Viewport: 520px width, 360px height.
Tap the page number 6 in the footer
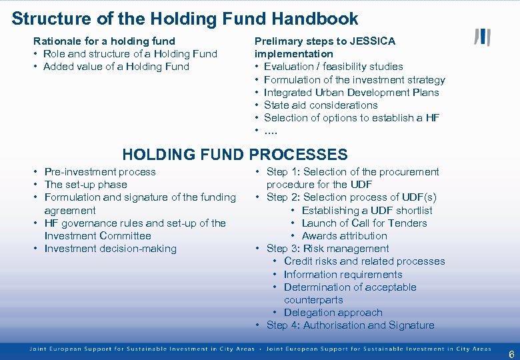point(511,353)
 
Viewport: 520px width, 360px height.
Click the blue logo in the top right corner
point(482,37)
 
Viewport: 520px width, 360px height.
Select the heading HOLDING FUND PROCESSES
point(235,155)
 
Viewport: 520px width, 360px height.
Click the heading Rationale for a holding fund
point(104,41)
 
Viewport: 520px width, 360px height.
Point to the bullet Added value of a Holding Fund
point(116,67)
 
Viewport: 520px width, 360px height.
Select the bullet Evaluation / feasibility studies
point(333,67)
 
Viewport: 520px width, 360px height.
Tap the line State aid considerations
point(321,105)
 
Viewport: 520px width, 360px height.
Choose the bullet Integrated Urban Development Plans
point(351,93)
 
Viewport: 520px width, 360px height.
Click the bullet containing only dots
point(271,131)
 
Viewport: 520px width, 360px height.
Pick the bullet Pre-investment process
point(100,172)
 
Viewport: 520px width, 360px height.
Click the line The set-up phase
point(85,185)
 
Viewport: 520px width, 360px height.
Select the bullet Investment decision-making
point(110,249)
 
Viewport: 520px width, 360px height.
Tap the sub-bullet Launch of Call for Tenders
point(364,223)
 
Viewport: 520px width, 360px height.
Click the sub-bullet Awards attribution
point(344,236)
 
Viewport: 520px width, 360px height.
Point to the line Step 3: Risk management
point(327,249)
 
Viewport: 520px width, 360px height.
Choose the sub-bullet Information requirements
point(343,275)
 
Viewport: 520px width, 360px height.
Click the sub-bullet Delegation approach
point(333,313)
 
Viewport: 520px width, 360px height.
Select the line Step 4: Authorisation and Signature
point(350,325)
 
